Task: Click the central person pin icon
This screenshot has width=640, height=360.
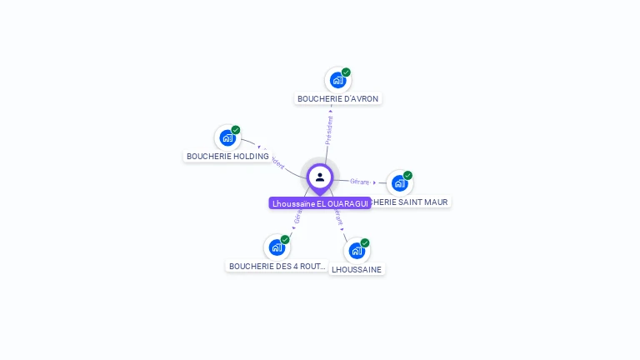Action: click(320, 177)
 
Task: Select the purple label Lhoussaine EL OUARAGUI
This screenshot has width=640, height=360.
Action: click(320, 203)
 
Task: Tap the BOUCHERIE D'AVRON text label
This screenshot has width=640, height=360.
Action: click(337, 98)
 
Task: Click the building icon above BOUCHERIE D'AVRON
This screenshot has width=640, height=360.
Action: click(337, 81)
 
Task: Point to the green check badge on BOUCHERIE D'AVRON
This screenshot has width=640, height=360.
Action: click(346, 72)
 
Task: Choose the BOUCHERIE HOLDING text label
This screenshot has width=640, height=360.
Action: click(227, 156)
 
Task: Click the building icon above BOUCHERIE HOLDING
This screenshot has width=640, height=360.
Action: click(227, 138)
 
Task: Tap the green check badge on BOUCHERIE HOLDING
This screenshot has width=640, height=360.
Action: click(236, 130)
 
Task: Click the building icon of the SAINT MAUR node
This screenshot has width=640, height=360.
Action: click(399, 183)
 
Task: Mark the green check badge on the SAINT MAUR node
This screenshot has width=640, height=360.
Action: click(407, 175)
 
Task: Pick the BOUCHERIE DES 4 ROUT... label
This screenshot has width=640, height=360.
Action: click(277, 267)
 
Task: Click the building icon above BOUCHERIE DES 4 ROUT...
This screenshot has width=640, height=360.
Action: click(277, 247)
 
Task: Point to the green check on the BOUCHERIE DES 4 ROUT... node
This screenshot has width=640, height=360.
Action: click(285, 239)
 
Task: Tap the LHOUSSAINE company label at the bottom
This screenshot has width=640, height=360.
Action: click(357, 269)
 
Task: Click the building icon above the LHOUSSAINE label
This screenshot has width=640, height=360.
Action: click(356, 251)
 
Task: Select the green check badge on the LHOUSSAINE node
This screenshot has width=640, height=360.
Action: click(365, 242)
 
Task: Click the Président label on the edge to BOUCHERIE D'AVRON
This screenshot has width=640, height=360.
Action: click(329, 131)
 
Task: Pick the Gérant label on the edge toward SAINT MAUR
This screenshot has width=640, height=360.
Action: click(360, 181)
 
